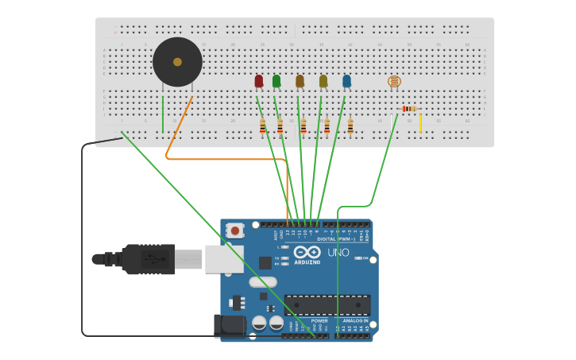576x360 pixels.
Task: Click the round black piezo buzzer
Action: point(177,62)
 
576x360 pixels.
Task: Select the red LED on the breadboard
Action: point(259,81)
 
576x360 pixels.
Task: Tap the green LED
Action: point(276,81)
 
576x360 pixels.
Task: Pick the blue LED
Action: point(346,81)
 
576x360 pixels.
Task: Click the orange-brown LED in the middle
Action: point(300,81)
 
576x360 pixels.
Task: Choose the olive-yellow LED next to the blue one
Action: point(323,81)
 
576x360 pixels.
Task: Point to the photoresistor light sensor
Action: point(394,81)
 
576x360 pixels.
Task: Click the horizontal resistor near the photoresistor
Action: point(408,109)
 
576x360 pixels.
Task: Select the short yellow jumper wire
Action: point(421,123)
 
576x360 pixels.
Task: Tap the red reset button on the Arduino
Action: point(234,230)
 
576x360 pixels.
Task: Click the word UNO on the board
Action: point(338,253)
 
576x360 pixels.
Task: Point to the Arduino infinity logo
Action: point(307,252)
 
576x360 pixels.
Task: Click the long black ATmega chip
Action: point(327,304)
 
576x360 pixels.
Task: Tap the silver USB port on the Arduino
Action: point(224,258)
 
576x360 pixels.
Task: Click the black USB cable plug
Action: point(148,259)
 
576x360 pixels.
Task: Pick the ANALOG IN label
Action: point(354,320)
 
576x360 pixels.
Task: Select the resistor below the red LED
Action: point(263,126)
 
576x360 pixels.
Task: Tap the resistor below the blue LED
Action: point(350,126)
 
